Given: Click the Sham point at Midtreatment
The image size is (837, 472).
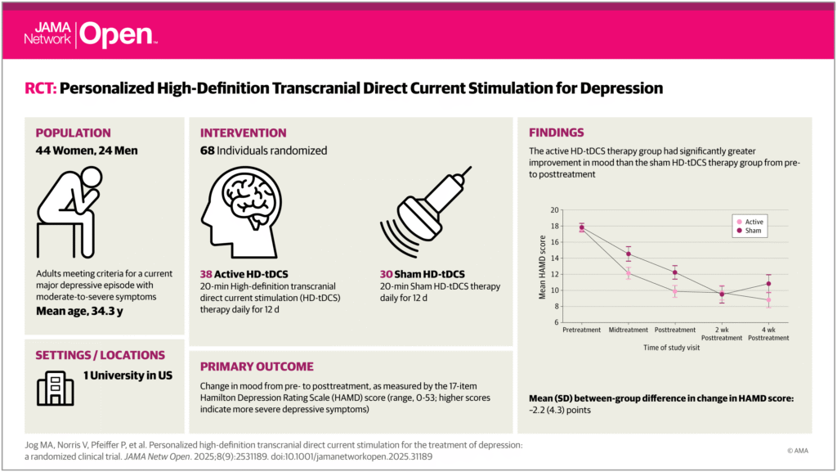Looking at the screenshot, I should (x=629, y=254).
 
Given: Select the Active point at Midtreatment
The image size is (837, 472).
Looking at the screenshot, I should (x=629, y=273).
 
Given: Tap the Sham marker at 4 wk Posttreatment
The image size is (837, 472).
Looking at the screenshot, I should (x=768, y=284).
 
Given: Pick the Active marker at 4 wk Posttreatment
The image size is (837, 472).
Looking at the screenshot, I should (x=768, y=300).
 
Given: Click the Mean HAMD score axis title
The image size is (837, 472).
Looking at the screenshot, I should (x=542, y=267).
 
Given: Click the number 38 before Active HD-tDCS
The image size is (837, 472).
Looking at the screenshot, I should (x=208, y=273).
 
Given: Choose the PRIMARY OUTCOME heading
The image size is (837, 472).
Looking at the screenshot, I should (x=256, y=366).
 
